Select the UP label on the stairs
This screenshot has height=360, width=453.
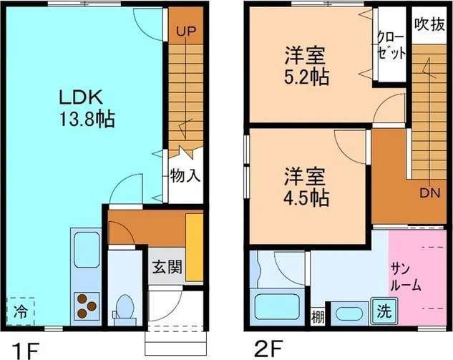(x=185, y=31)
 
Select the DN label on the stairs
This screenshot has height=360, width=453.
(x=429, y=193)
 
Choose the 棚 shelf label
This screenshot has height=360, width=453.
(x=317, y=316)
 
